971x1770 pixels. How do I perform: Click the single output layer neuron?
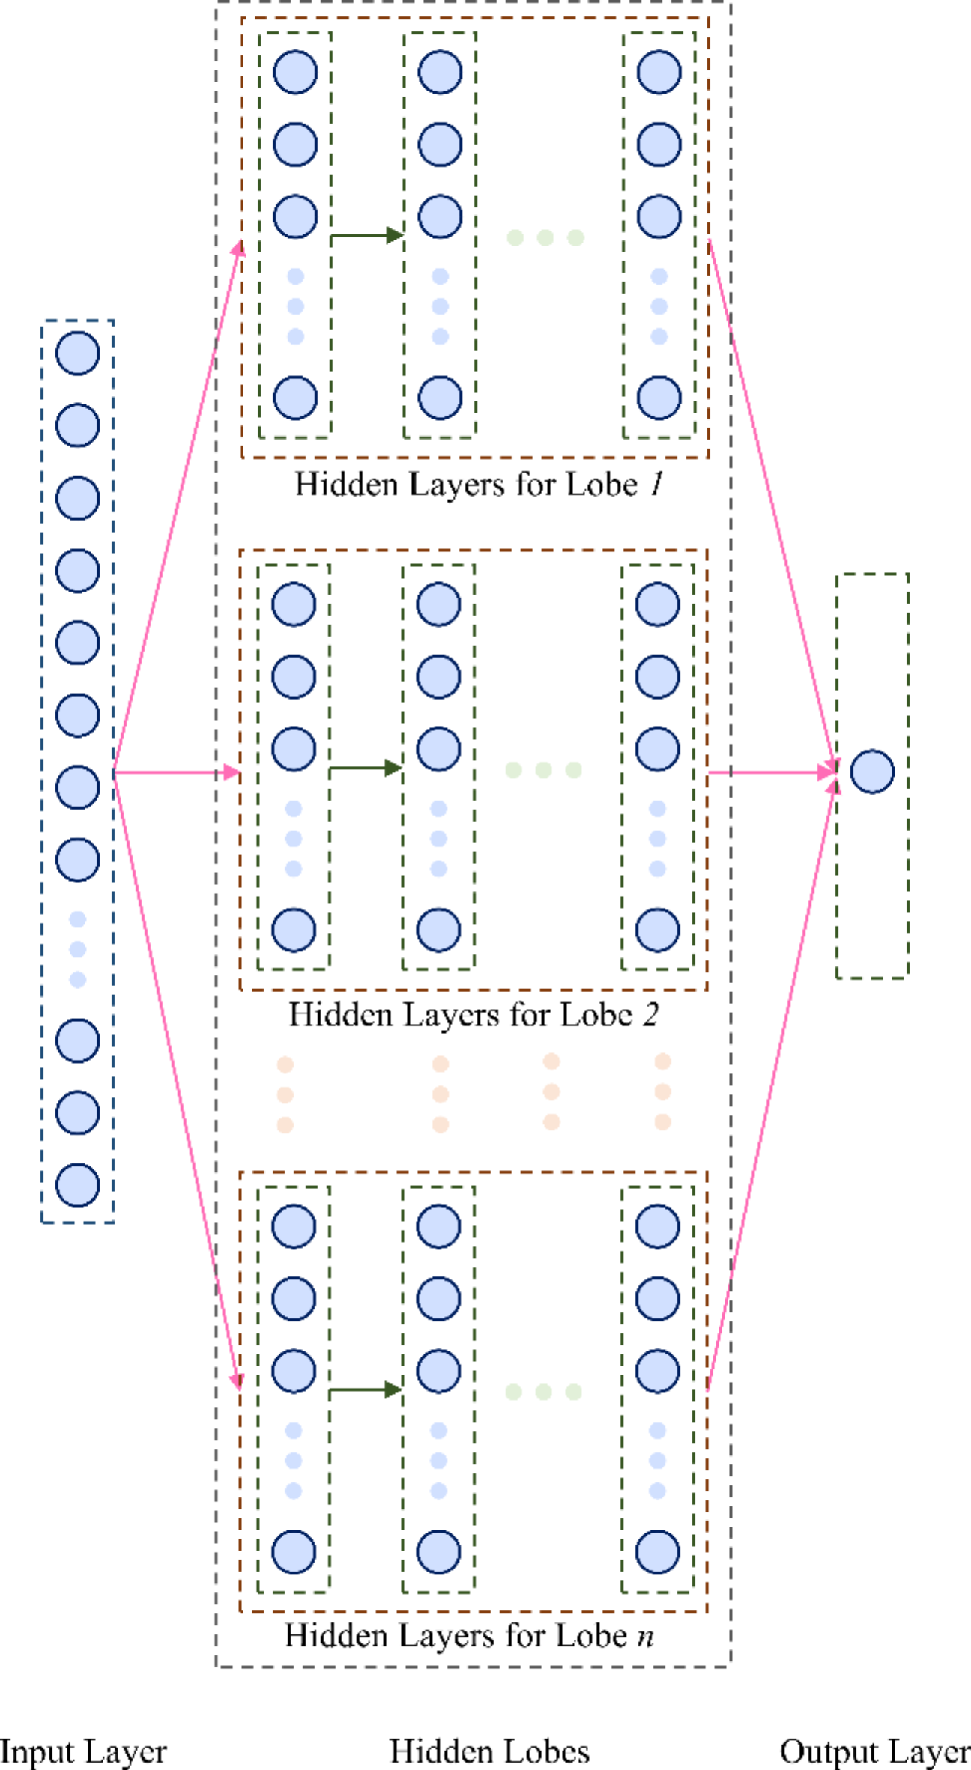click(x=872, y=772)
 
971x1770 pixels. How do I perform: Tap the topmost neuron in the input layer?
click(x=78, y=353)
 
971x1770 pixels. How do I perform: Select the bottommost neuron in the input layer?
click(x=78, y=1185)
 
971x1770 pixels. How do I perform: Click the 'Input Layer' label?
click(x=82, y=1752)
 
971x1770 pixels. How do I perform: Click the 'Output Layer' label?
click(x=874, y=1752)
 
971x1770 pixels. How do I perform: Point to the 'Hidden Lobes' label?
click(x=489, y=1752)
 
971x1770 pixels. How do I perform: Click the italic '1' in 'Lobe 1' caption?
click(x=656, y=485)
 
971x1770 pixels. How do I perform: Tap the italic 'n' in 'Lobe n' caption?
click(x=645, y=1635)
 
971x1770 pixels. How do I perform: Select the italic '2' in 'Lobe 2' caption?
click(x=650, y=1015)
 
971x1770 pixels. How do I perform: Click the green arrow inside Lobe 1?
click(x=366, y=236)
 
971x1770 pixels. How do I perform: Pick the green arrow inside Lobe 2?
click(x=366, y=768)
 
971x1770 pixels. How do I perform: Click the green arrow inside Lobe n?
click(x=366, y=1390)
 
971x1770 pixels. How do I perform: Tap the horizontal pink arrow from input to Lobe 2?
click(x=177, y=772)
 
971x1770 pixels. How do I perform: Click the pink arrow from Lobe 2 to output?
click(x=772, y=772)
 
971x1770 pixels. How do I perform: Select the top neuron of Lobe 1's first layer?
click(x=295, y=73)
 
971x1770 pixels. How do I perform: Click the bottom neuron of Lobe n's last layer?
click(x=658, y=1552)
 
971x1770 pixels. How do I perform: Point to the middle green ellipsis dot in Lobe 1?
click(x=545, y=238)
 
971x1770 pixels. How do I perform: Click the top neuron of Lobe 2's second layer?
click(x=438, y=604)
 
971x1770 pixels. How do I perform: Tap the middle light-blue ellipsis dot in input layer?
click(x=78, y=949)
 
